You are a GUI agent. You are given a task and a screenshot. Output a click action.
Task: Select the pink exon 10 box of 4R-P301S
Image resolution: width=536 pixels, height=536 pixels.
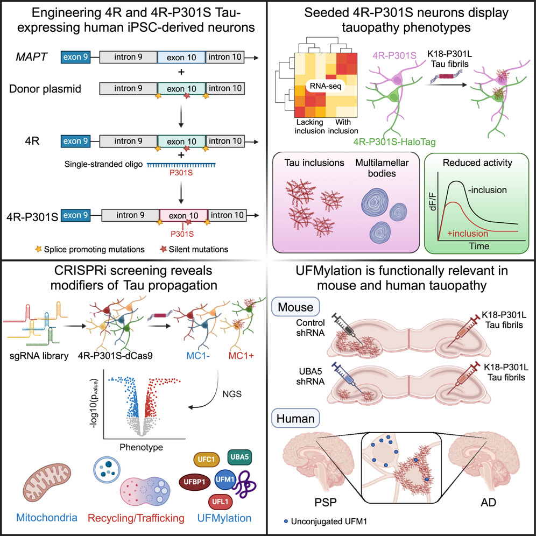point(182,215)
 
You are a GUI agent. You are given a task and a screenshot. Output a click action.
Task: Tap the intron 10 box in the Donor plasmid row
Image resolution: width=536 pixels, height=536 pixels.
point(225,88)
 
